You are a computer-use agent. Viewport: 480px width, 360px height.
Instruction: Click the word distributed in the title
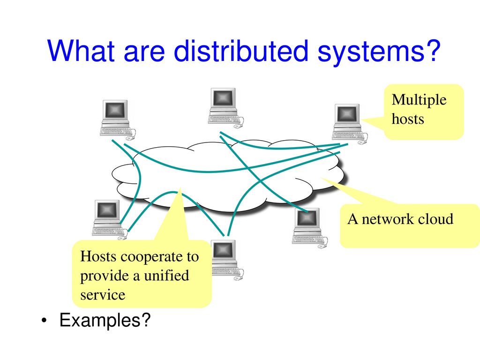point(241,51)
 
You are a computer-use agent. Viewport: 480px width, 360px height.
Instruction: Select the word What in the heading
point(81,51)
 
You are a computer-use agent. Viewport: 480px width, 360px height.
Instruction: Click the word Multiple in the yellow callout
point(419,100)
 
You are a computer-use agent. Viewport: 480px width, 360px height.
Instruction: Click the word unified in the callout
point(166,275)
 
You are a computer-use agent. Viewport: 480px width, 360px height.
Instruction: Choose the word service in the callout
point(103,295)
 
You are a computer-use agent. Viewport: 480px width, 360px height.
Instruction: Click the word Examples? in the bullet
point(105,321)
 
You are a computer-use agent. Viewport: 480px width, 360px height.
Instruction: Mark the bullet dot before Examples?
point(45,321)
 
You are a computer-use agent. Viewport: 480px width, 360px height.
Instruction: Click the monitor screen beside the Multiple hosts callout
point(347,114)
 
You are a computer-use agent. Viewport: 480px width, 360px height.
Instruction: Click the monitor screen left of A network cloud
point(307,217)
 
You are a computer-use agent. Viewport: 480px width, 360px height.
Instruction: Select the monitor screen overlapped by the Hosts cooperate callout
point(223,249)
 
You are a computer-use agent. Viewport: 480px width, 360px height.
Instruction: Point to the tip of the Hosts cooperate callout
point(180,188)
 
